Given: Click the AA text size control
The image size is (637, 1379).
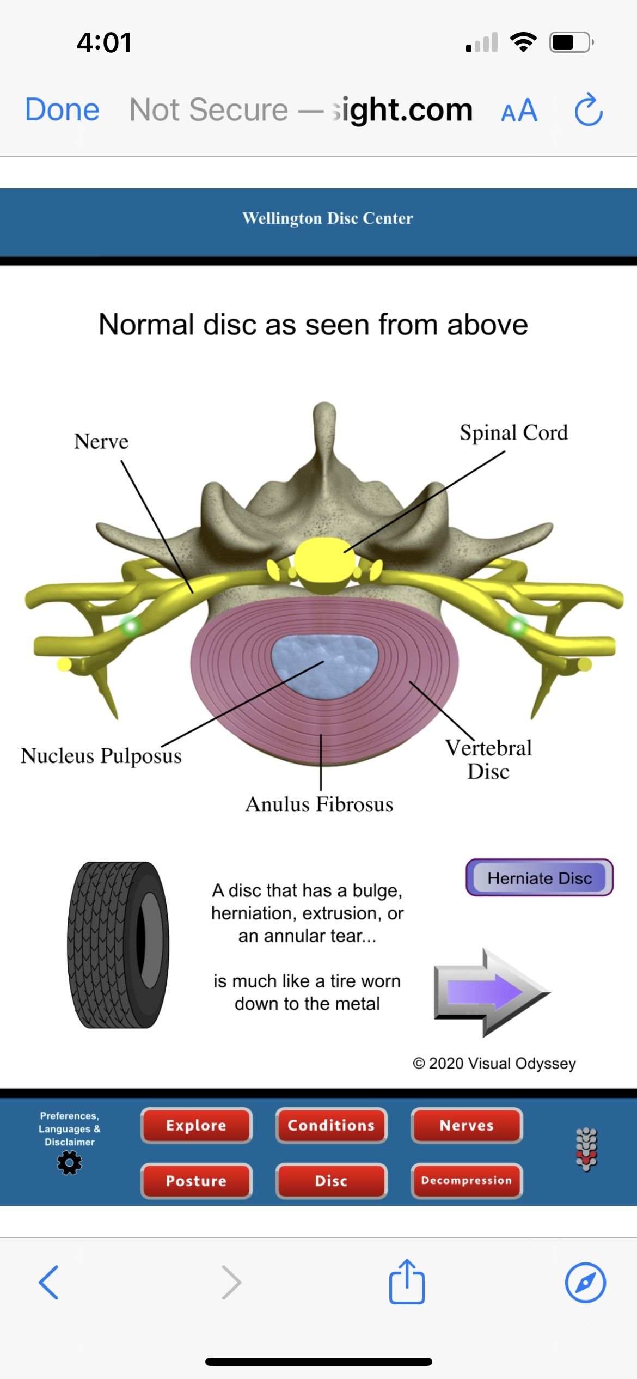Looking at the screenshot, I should pyautogui.click(x=519, y=111).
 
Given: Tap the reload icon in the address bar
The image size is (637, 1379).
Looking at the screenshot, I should pyautogui.click(x=589, y=110).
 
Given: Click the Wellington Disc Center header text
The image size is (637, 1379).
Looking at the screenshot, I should pyautogui.click(x=327, y=218).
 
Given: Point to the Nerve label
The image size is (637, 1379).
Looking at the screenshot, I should pyautogui.click(x=101, y=441).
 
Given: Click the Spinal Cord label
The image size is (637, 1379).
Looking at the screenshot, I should pyautogui.click(x=513, y=432).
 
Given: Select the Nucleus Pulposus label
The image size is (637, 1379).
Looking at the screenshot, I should pyautogui.click(x=101, y=756).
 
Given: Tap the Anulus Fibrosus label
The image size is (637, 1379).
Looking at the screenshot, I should pyautogui.click(x=319, y=804).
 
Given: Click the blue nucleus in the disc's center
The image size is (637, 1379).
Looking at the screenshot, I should pyautogui.click(x=324, y=666).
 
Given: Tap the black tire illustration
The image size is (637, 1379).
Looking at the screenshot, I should pyautogui.click(x=118, y=945).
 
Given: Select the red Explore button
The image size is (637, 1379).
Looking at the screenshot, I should pyautogui.click(x=196, y=1125).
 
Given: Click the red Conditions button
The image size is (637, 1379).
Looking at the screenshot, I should pyautogui.click(x=331, y=1125).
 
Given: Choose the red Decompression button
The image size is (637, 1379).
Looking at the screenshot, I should pyautogui.click(x=467, y=1181).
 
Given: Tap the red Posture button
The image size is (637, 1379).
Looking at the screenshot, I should pyautogui.click(x=196, y=1181).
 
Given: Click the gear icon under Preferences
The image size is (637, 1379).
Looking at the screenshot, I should pyautogui.click(x=70, y=1163).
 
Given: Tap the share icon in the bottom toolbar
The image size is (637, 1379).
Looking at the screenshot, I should pyautogui.click(x=407, y=1282).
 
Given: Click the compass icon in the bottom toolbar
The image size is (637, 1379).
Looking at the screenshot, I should pyautogui.click(x=585, y=1282).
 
